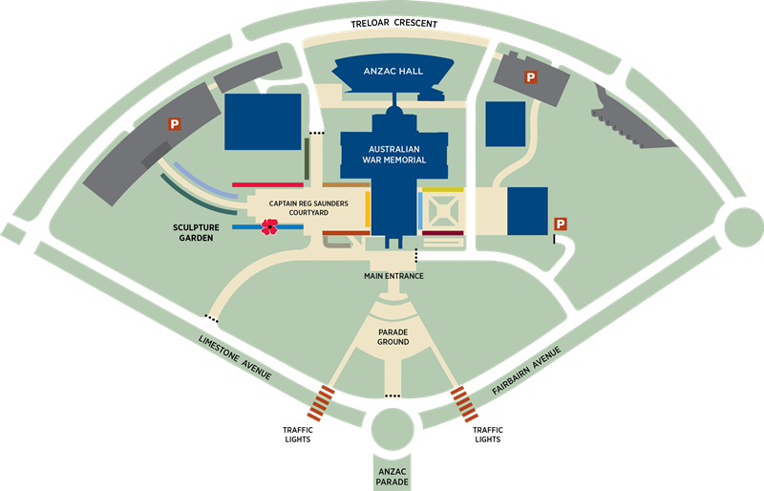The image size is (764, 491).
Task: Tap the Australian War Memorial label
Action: tap(396, 154)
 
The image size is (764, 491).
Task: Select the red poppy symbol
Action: tap(270, 227)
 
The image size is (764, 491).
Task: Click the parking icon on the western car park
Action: tap(175, 122)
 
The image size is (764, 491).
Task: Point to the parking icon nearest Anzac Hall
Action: tap(527, 75)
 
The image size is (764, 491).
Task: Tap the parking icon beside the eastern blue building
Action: tap(561, 224)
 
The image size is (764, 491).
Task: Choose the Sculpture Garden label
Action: tap(194, 231)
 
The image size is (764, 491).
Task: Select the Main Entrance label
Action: tap(393, 276)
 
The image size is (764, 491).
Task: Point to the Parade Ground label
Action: tap(393, 336)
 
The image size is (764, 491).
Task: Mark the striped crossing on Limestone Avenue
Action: tap(323, 403)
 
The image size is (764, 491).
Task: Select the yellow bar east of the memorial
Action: tap(442, 189)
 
